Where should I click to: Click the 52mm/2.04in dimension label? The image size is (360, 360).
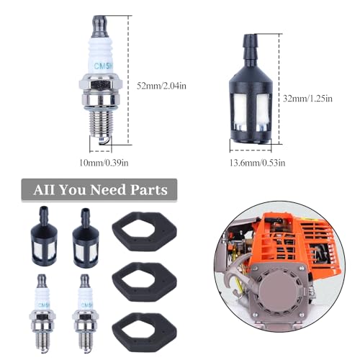click(x=163, y=86)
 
